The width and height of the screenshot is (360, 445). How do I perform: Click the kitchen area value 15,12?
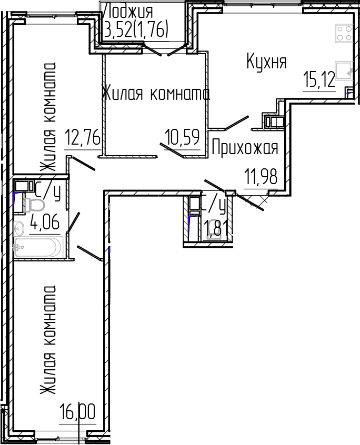(x=318, y=80)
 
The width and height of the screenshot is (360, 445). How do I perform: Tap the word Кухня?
(x=266, y=62)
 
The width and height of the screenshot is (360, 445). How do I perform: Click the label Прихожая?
(x=244, y=148)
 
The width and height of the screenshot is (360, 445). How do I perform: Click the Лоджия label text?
(x=129, y=11)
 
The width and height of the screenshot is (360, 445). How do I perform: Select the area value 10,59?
(x=182, y=139)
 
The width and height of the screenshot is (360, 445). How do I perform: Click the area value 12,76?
(x=82, y=139)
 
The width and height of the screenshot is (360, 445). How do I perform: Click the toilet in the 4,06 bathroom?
(x=35, y=205)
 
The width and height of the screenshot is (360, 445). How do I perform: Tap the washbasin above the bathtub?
(x=19, y=229)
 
